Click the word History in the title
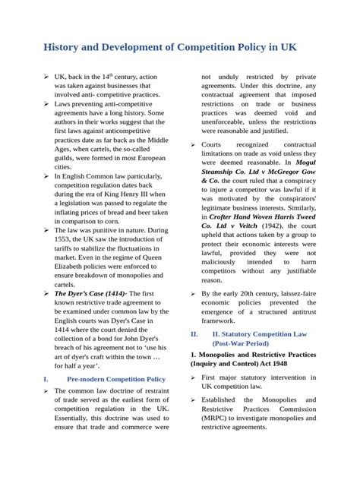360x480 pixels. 65,48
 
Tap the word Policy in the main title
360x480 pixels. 251,48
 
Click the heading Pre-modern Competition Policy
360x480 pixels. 115,378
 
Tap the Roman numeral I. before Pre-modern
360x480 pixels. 46,378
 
